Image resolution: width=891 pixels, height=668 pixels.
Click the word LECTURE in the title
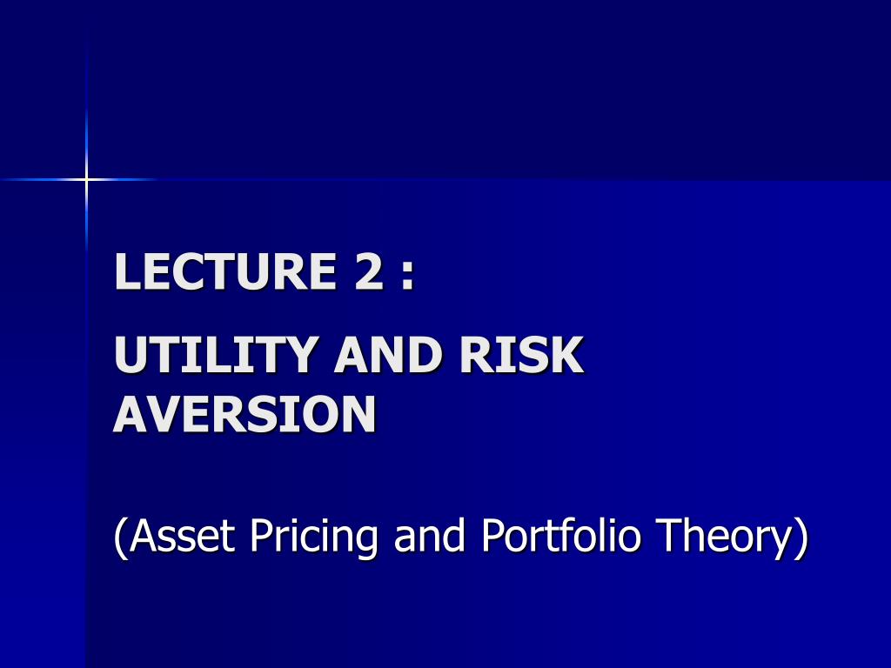pos(225,271)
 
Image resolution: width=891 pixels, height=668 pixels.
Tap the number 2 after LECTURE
pos(369,271)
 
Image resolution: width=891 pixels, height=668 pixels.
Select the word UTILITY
pos(216,354)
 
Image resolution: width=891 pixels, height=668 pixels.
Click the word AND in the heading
pos(388,354)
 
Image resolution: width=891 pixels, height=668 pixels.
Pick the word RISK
pos(522,354)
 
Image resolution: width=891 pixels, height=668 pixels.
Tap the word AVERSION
pos(245,413)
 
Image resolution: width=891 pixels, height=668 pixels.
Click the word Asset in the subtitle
pos(182,535)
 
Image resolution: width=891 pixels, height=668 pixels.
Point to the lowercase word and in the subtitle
pos(430,535)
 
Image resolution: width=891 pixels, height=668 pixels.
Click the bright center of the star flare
pos(86,179)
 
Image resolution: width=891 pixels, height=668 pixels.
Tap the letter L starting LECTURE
pos(127,271)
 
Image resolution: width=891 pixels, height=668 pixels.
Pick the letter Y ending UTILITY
pos(300,354)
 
